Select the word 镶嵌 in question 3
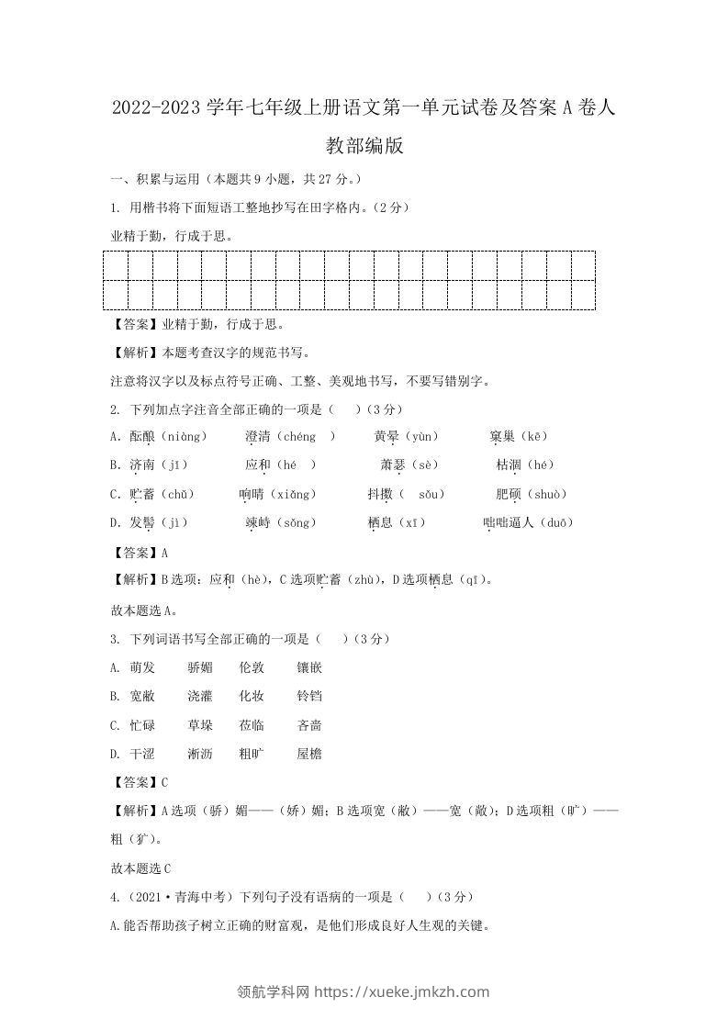[x=308, y=667]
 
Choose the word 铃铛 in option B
[x=308, y=697]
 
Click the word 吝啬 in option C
[x=308, y=725]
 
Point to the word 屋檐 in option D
[x=308, y=755]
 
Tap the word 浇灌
[x=199, y=697]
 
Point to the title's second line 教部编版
[x=364, y=146]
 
